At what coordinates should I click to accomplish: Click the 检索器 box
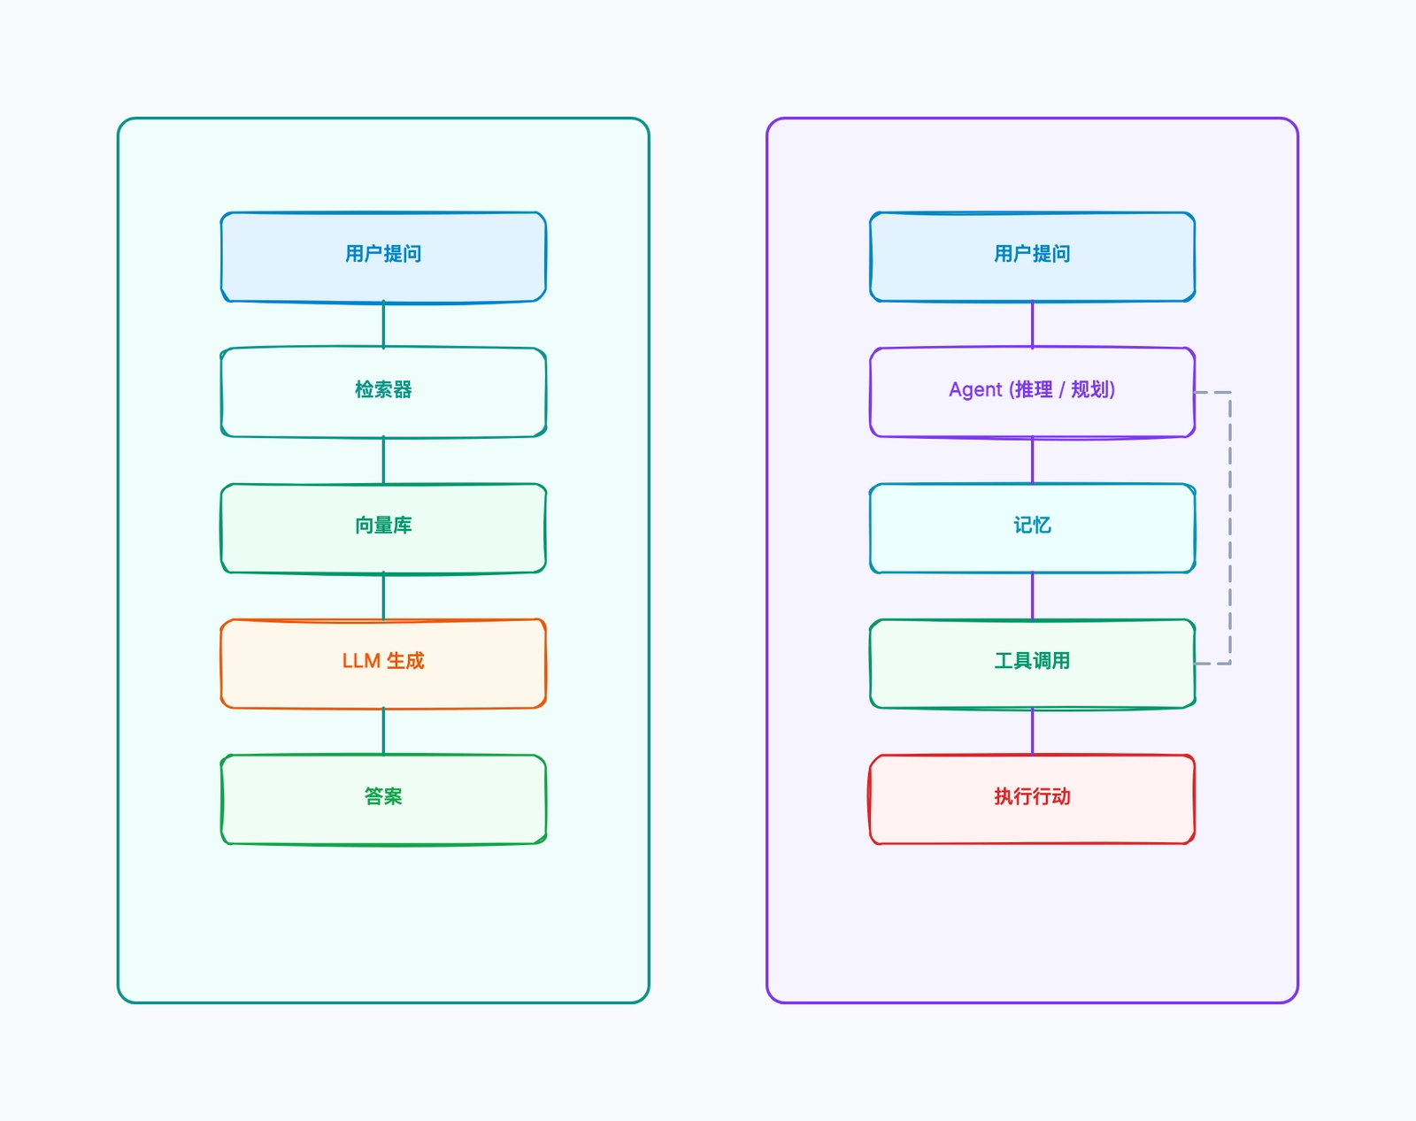(383, 392)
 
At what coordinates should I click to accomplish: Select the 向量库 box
(383, 528)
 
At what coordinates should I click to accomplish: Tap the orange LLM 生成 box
(383, 664)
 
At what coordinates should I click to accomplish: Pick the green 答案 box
(383, 799)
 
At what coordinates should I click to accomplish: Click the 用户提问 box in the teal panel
(383, 257)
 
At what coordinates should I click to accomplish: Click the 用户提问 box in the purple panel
(1033, 257)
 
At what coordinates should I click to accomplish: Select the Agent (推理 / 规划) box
(1033, 392)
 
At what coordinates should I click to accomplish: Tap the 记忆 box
(1033, 528)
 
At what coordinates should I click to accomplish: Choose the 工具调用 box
(1033, 664)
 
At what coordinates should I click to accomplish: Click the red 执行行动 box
(1033, 799)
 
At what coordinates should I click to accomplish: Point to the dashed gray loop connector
(1230, 528)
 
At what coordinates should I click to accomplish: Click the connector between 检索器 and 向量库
(383, 460)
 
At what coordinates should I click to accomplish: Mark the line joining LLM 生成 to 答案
(383, 732)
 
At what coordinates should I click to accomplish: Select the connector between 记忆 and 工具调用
(1033, 596)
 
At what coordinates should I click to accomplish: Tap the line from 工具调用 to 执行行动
(1033, 732)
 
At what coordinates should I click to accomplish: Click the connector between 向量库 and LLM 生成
(383, 596)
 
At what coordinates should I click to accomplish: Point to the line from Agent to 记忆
(1033, 460)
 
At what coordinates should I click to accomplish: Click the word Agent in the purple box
(975, 389)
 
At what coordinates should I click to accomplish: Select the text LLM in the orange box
(361, 661)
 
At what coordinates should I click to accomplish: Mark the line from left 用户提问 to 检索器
(383, 325)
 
